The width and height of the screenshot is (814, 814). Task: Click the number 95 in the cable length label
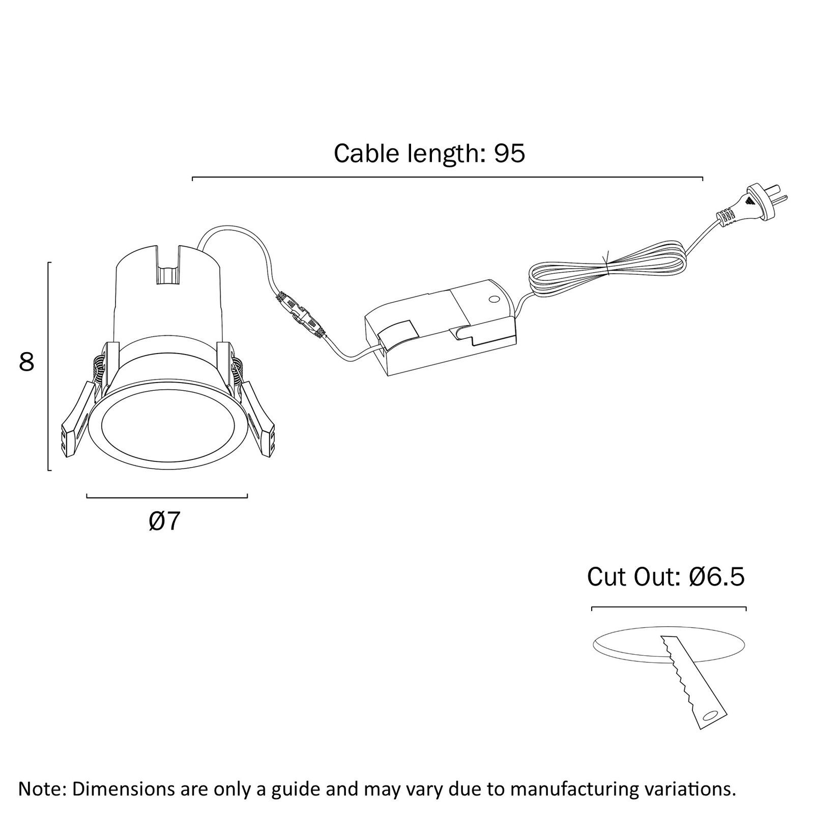pos(509,153)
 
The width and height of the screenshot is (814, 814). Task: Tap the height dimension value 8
pos(26,362)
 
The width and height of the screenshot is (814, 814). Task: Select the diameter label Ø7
pos(165,521)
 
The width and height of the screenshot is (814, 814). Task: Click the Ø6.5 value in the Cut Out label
pos(717,577)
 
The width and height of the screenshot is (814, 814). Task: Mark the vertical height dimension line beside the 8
pos(49,366)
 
